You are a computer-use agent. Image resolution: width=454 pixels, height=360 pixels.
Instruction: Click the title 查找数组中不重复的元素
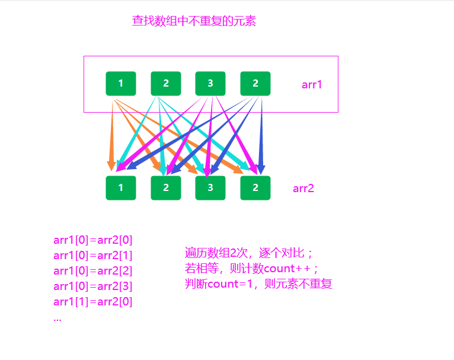click(x=194, y=22)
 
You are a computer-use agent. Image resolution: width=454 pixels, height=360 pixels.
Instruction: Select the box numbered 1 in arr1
click(x=121, y=84)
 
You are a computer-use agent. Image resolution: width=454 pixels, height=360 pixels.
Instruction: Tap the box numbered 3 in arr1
click(x=210, y=84)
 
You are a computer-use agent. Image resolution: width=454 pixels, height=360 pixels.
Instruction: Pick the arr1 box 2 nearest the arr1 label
click(x=255, y=84)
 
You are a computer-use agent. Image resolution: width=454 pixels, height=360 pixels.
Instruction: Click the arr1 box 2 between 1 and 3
click(x=166, y=84)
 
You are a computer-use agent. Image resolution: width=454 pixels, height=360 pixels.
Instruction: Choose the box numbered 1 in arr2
click(x=121, y=188)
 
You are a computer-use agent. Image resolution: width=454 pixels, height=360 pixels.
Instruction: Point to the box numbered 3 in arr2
click(x=210, y=188)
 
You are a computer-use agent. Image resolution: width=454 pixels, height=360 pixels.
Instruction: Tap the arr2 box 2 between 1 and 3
click(x=166, y=188)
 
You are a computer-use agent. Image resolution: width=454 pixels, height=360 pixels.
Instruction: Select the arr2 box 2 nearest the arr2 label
click(x=255, y=188)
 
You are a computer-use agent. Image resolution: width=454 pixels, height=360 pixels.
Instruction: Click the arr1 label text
click(x=312, y=84)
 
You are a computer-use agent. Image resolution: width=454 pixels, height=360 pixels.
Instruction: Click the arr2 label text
click(x=303, y=189)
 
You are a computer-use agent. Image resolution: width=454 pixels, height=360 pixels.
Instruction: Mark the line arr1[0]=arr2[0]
click(x=93, y=240)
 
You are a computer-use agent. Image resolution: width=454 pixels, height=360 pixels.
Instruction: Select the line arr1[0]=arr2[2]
click(x=93, y=271)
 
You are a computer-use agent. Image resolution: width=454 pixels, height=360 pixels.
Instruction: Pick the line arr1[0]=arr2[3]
click(x=93, y=286)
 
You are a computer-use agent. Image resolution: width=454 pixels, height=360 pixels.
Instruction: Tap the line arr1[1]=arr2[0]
click(x=93, y=302)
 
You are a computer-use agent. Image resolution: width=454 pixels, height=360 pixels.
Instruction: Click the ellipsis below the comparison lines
click(x=57, y=318)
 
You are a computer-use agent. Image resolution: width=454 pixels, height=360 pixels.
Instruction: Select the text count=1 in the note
click(x=231, y=284)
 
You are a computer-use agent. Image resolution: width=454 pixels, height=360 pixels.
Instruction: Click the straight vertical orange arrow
click(x=111, y=136)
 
